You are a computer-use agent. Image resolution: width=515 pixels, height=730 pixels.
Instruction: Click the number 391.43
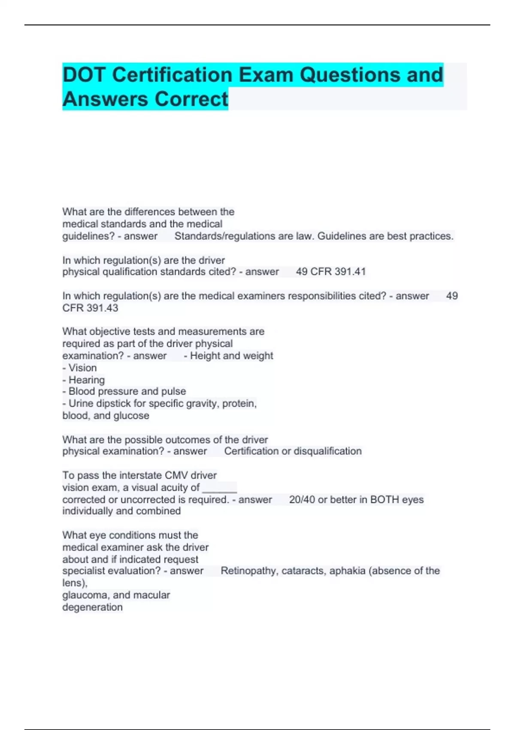tap(102, 308)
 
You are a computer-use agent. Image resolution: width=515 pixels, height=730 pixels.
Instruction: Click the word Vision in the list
tap(82, 368)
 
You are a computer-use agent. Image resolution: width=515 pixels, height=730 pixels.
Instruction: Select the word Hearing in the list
tap(86, 380)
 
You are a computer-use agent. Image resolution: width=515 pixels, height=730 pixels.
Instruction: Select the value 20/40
tap(302, 500)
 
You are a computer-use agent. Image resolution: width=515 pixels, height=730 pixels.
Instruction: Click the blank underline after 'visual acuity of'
tap(219, 489)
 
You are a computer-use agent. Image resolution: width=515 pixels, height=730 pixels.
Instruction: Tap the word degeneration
tap(92, 607)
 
